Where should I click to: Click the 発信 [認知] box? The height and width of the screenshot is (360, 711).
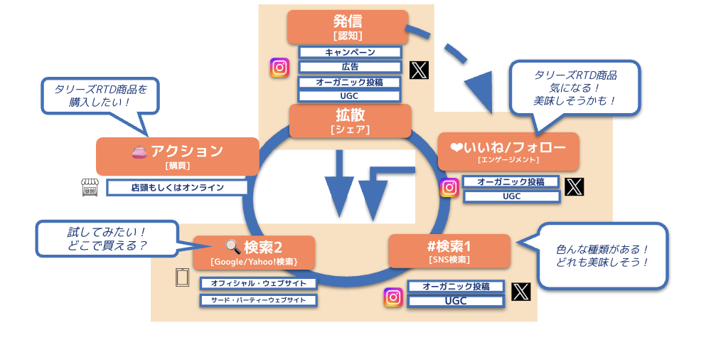pos(347,26)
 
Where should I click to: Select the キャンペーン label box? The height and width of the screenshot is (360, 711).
pos(350,52)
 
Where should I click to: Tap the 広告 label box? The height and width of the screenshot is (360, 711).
pos(350,67)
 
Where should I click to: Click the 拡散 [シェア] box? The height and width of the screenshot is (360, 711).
pos(350,120)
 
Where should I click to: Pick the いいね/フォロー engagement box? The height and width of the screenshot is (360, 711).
pos(508,151)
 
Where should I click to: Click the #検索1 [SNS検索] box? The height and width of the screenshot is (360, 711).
pos(449,250)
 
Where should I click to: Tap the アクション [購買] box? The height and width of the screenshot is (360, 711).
pos(177,156)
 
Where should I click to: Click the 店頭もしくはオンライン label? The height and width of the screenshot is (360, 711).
pos(177,188)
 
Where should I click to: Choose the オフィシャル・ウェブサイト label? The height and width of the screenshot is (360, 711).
pos(258,283)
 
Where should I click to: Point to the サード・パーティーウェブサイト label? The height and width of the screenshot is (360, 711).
pos(258,300)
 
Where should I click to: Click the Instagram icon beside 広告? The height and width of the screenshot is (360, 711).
pos(279,68)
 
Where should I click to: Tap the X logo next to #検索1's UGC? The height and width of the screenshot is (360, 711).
pos(521,291)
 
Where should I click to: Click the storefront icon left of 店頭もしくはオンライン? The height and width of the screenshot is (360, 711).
pos(90,188)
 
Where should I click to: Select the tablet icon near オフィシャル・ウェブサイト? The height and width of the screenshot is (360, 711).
pos(181,277)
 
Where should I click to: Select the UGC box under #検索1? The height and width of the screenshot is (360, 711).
pos(456,301)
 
